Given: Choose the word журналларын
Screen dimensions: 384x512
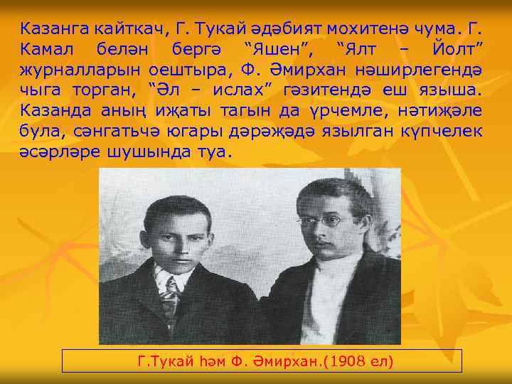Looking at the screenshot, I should [x=80, y=71].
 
